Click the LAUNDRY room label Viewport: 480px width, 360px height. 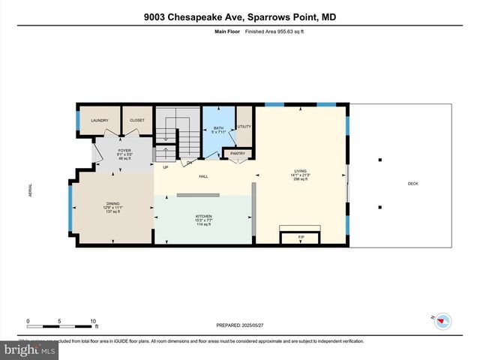(100, 121)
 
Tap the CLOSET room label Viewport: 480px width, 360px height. (137, 121)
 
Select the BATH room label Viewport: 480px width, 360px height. (218, 128)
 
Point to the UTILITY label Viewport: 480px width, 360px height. (244, 127)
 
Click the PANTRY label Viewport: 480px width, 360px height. (238, 154)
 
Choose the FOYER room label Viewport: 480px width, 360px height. (124, 151)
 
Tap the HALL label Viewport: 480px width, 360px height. (203, 177)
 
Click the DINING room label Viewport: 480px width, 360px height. (112, 203)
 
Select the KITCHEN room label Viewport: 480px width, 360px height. (203, 216)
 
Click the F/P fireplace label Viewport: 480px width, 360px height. (301, 238)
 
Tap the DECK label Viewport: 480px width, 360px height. (412, 183)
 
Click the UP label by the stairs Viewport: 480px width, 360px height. (166, 167)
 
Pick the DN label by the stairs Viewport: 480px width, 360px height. (190, 162)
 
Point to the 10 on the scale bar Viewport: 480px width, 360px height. (94, 321)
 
